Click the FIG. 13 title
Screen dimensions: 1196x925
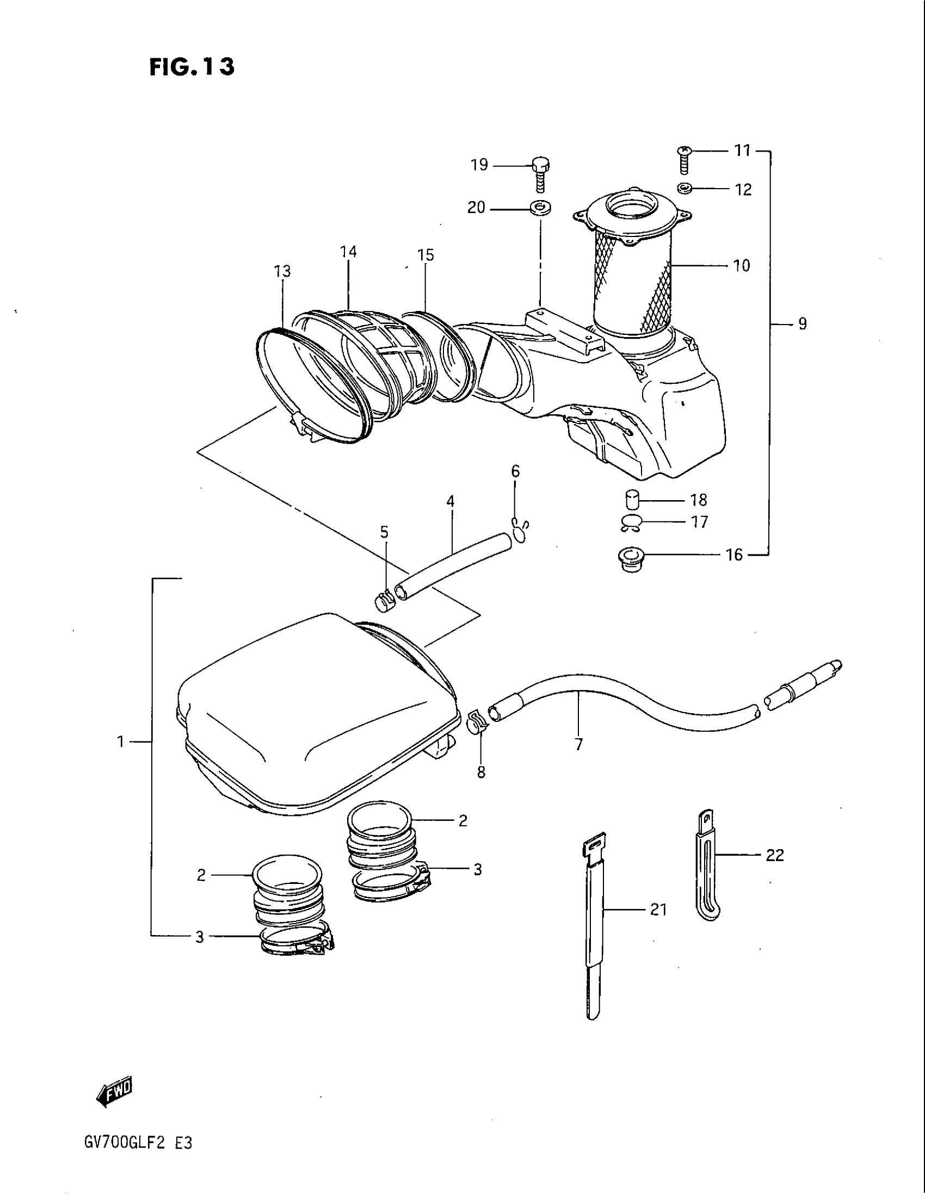click(x=191, y=66)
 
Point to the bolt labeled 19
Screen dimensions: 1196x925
click(x=540, y=173)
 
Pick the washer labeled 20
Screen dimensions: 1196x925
click(x=540, y=209)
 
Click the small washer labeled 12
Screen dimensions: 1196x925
click(x=684, y=189)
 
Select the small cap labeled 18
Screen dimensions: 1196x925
click(x=633, y=500)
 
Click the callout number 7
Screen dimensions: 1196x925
click(x=579, y=744)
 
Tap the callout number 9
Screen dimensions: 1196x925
click(x=801, y=324)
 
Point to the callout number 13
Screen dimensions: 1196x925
click(x=283, y=272)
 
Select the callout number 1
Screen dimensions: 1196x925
click(x=121, y=742)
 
